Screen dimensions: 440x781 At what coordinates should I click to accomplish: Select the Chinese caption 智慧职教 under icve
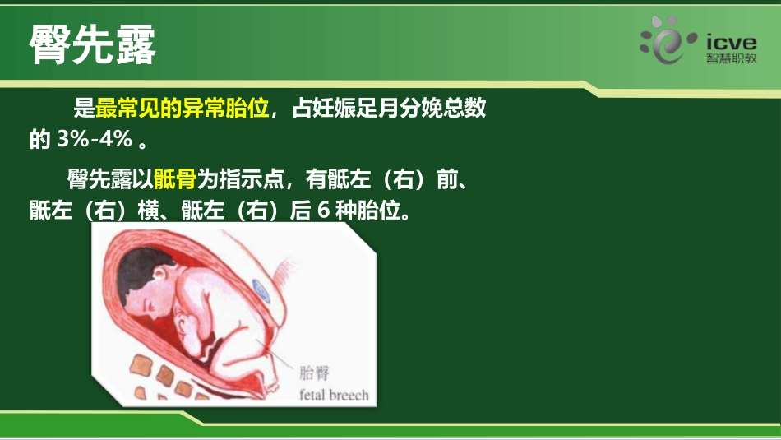point(731,60)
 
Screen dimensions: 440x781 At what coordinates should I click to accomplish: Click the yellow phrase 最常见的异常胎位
point(183,109)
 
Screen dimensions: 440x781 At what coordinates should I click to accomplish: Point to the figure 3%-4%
point(95,139)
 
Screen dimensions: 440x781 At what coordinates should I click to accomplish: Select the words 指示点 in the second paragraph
point(246,178)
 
